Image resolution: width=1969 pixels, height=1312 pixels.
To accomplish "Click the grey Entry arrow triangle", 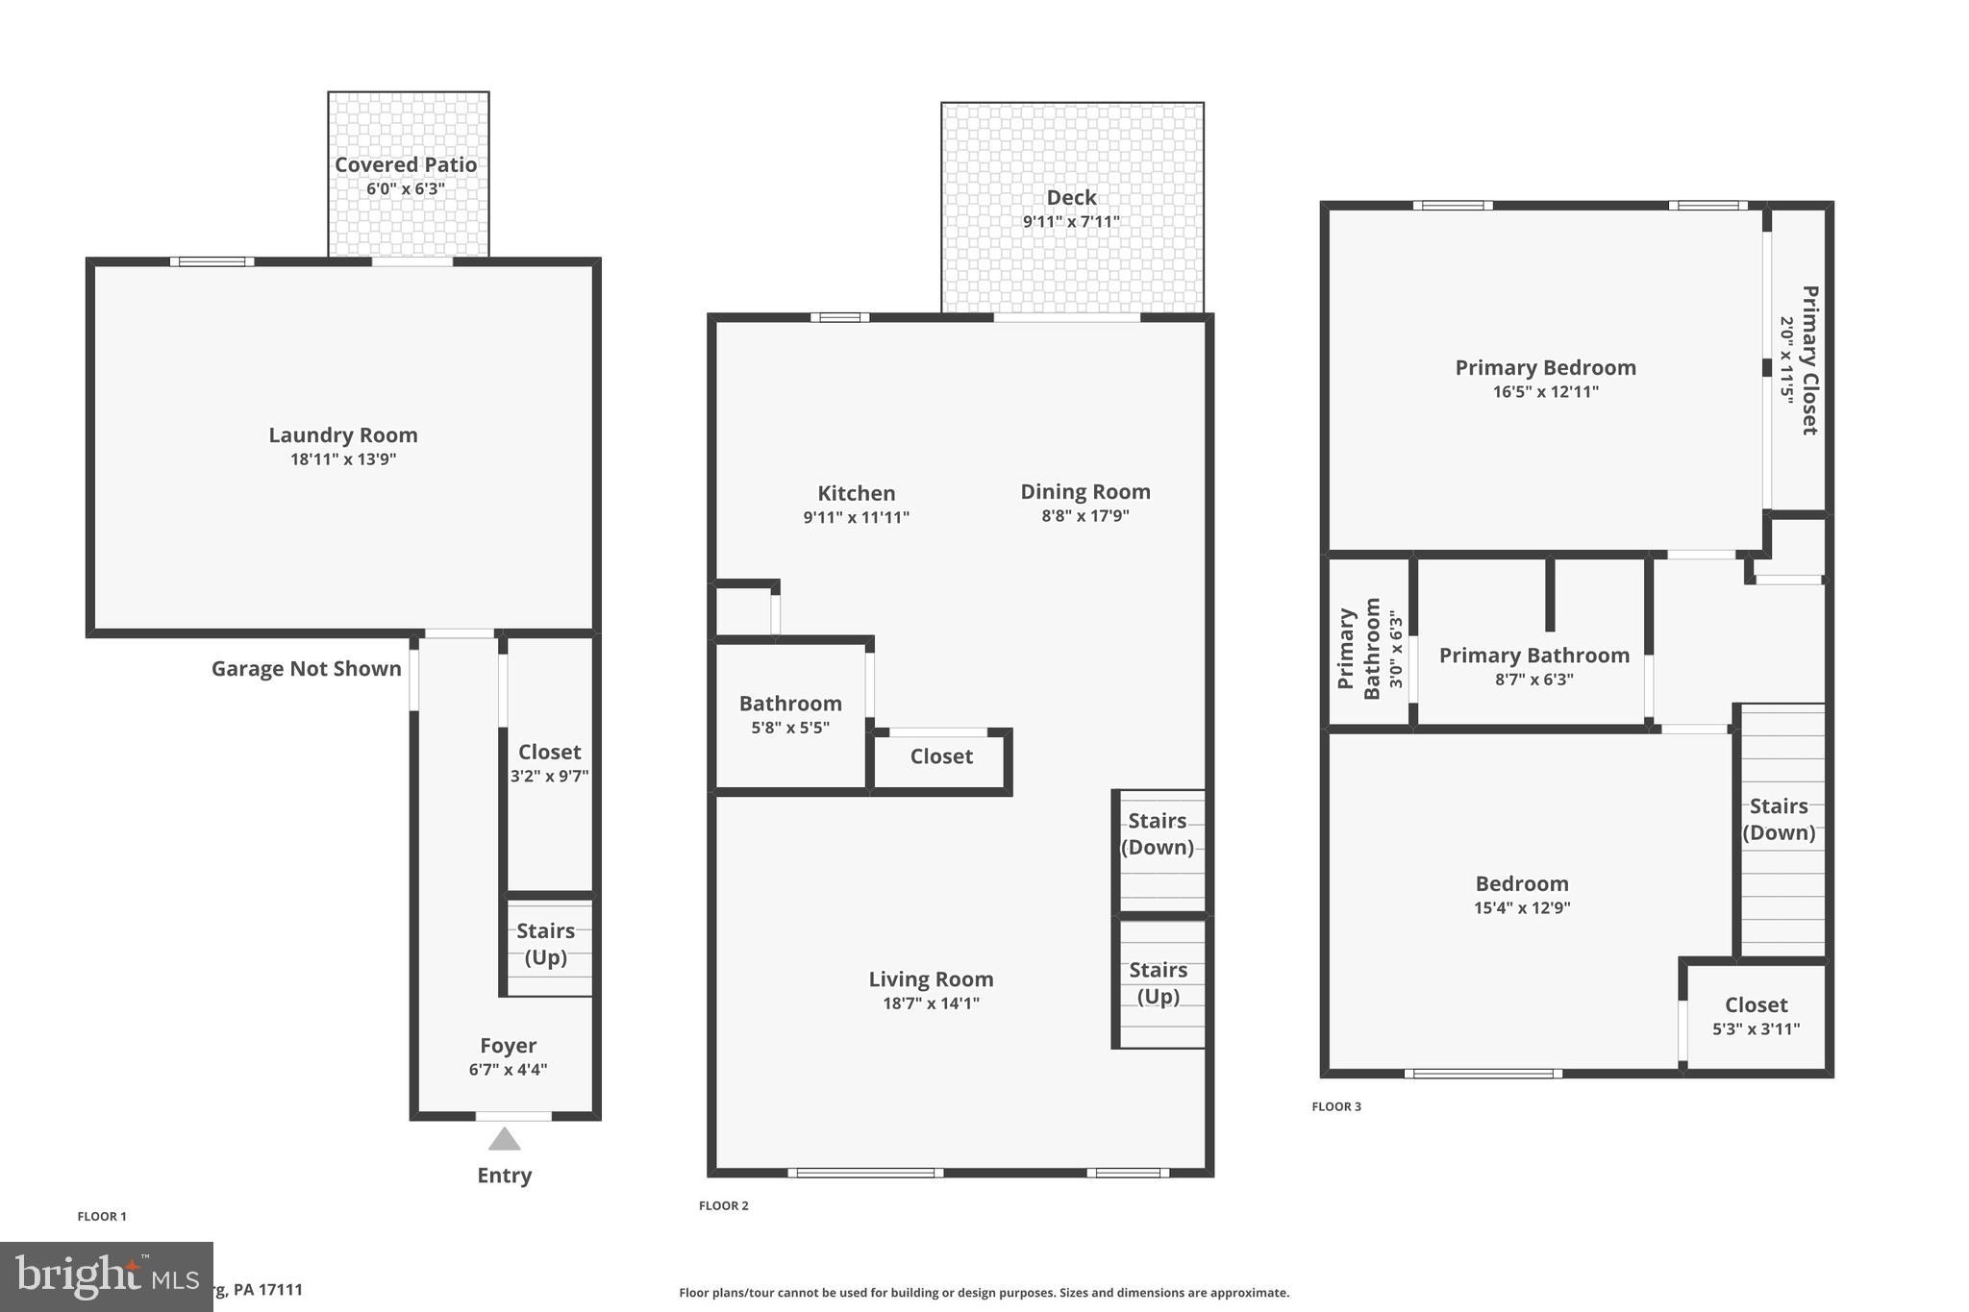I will [x=504, y=1140].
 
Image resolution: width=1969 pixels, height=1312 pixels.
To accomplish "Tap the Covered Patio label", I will [x=406, y=165].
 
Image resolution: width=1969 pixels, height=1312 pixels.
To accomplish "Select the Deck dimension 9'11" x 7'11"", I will [x=1071, y=222].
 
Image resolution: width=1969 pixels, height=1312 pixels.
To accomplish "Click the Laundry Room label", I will [x=343, y=435].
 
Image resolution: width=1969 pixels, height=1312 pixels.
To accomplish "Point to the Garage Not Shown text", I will [x=306, y=669].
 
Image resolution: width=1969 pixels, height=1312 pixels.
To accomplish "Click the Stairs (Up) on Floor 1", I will [x=546, y=944].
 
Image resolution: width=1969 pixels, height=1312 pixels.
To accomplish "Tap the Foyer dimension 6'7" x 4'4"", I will [x=508, y=1070].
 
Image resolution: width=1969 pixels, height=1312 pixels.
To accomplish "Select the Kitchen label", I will [x=856, y=494].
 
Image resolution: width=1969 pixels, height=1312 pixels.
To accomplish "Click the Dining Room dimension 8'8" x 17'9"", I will [x=1084, y=516].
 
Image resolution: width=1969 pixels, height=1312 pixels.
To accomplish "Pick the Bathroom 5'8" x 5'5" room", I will [x=790, y=715].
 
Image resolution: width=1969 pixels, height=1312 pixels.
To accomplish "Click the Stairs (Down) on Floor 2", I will [x=1158, y=833].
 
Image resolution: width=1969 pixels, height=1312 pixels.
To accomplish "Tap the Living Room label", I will [x=931, y=979].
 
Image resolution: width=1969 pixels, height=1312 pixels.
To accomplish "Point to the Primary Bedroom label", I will [x=1545, y=368].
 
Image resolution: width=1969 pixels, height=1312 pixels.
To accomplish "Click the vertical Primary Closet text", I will [x=1808, y=360].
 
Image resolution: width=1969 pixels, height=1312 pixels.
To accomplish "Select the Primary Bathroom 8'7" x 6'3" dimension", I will [x=1533, y=680].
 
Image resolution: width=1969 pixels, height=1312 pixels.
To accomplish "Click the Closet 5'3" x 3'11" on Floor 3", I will [x=1756, y=1016].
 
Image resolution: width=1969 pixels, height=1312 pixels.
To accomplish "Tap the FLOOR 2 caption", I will [x=723, y=1205].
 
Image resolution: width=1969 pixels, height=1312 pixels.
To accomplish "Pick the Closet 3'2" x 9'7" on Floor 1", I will [x=549, y=763].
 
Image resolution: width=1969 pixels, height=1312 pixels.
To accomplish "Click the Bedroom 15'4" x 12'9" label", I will [x=1522, y=884].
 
